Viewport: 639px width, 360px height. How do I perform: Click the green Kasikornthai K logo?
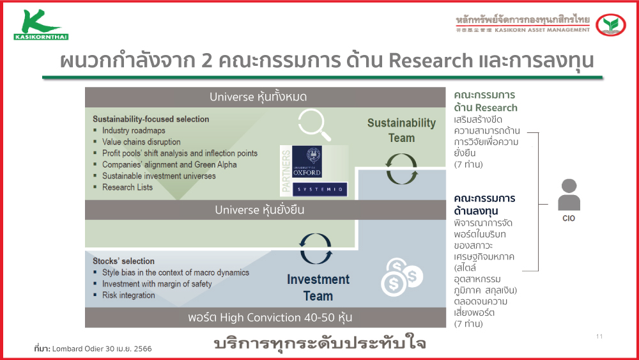(x=41, y=25)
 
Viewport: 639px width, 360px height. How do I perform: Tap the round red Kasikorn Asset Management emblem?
(x=610, y=25)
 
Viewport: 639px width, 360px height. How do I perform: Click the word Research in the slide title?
(x=430, y=61)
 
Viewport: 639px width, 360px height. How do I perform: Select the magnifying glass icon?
(x=314, y=124)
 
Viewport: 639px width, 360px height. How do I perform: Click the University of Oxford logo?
(x=307, y=161)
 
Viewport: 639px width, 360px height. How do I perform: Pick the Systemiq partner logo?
(x=319, y=189)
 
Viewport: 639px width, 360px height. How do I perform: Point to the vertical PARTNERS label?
(x=286, y=171)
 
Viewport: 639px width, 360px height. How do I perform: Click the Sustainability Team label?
(x=401, y=130)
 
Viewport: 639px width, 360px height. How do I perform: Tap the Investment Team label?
(x=318, y=288)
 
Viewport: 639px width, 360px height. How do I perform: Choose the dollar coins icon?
(x=401, y=277)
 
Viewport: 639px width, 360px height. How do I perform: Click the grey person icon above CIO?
(x=569, y=195)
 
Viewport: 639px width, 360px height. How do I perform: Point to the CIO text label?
(x=569, y=219)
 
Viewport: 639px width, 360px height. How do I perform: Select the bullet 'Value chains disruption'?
(x=141, y=142)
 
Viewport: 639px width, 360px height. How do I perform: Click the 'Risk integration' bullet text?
(x=128, y=295)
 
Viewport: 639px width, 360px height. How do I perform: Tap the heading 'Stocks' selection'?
(x=123, y=261)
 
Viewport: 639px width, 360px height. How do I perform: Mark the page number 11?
(x=599, y=336)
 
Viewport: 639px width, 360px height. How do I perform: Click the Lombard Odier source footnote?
(x=93, y=348)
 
